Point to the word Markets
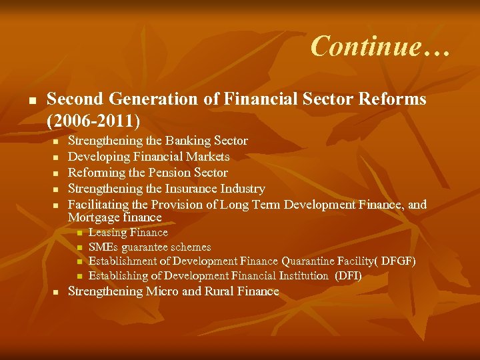[x=207, y=157]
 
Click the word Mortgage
[x=92, y=217]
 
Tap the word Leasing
[x=107, y=233]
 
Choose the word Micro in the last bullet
[x=163, y=291]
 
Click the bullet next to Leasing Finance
[x=79, y=233]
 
